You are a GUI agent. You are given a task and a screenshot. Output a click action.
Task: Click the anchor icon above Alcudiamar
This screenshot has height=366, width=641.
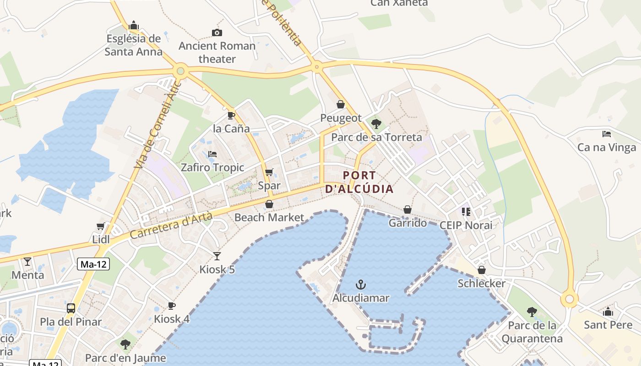pos(361,285)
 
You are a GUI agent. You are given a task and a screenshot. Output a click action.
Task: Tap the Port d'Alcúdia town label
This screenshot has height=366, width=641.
pos(359,182)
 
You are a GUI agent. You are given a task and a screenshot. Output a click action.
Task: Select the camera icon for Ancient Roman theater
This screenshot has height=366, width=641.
pos(217,32)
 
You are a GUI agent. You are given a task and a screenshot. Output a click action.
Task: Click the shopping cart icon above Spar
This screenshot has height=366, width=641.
pos(269,172)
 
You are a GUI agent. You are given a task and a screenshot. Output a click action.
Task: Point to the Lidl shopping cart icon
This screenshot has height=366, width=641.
pos(100,226)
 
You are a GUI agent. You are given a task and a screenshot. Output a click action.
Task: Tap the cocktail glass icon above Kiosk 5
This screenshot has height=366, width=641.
pos(217,256)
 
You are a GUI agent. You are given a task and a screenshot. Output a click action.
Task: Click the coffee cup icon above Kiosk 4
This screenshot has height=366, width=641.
pos(171,306)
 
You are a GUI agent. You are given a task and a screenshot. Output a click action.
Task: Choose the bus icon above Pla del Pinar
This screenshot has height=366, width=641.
pos(71,308)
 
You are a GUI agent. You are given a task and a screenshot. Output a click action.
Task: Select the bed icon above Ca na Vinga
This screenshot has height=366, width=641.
pos(607,134)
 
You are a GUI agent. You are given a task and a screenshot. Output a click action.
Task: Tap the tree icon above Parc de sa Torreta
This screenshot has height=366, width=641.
pos(376,124)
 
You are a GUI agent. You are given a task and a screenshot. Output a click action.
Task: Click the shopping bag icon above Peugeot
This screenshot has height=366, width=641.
pos(341,104)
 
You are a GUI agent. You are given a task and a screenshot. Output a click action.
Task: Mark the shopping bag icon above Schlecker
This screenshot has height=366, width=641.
pos(482,270)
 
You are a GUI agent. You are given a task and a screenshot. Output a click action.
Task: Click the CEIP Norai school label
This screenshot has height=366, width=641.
pos(466,225)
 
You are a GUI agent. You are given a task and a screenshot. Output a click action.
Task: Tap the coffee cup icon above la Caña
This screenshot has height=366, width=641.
pos(231,115)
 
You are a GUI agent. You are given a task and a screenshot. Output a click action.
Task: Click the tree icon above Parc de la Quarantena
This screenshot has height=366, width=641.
pos(532,312)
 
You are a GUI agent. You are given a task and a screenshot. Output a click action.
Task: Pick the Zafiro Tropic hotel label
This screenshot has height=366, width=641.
pos(212,167)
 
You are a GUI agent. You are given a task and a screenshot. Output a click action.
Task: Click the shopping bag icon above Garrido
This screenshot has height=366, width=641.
pos(407,210)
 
